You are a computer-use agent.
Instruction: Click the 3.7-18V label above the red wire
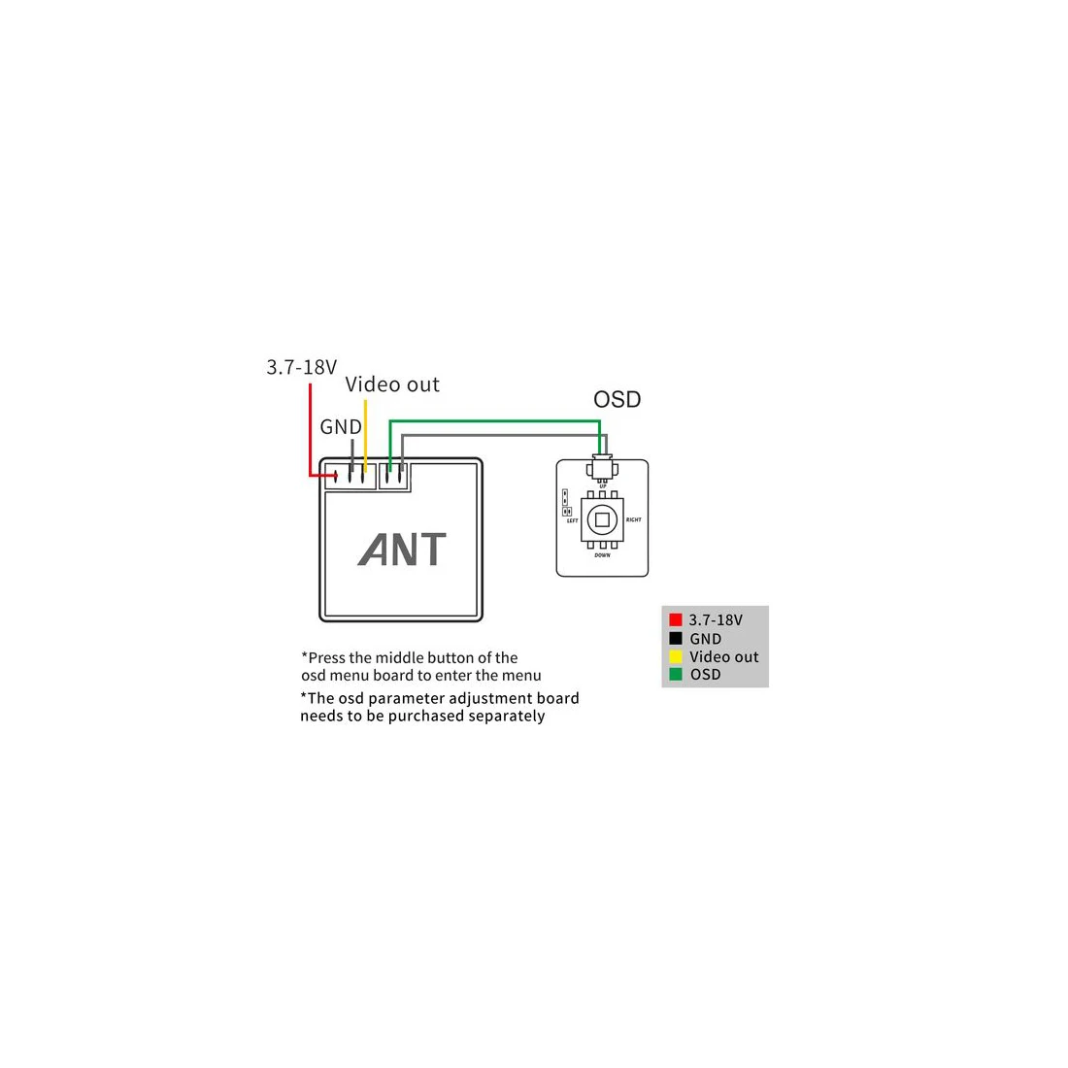tap(301, 367)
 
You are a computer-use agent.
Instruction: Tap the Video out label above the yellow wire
tap(392, 384)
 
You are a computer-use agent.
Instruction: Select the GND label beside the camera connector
tap(340, 427)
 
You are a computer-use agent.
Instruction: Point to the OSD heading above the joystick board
tap(617, 399)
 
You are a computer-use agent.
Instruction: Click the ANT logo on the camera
tap(402, 550)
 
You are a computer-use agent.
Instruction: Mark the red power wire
tap(310, 427)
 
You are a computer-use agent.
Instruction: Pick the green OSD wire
tap(495, 421)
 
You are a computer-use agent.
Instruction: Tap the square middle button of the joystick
tap(602, 520)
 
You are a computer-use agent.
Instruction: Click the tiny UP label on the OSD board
tap(602, 485)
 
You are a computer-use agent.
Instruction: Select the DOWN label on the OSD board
tap(602, 555)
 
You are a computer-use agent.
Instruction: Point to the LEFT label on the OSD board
tap(573, 521)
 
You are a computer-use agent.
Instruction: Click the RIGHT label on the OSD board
tap(633, 520)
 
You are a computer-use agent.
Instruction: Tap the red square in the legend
tap(676, 619)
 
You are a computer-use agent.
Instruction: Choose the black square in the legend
tap(676, 638)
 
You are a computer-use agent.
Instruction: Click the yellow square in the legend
tap(676, 656)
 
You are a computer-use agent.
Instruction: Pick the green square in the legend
tap(676, 674)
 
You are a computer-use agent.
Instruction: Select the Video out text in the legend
tap(724, 656)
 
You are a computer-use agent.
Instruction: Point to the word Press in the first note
tap(326, 657)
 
